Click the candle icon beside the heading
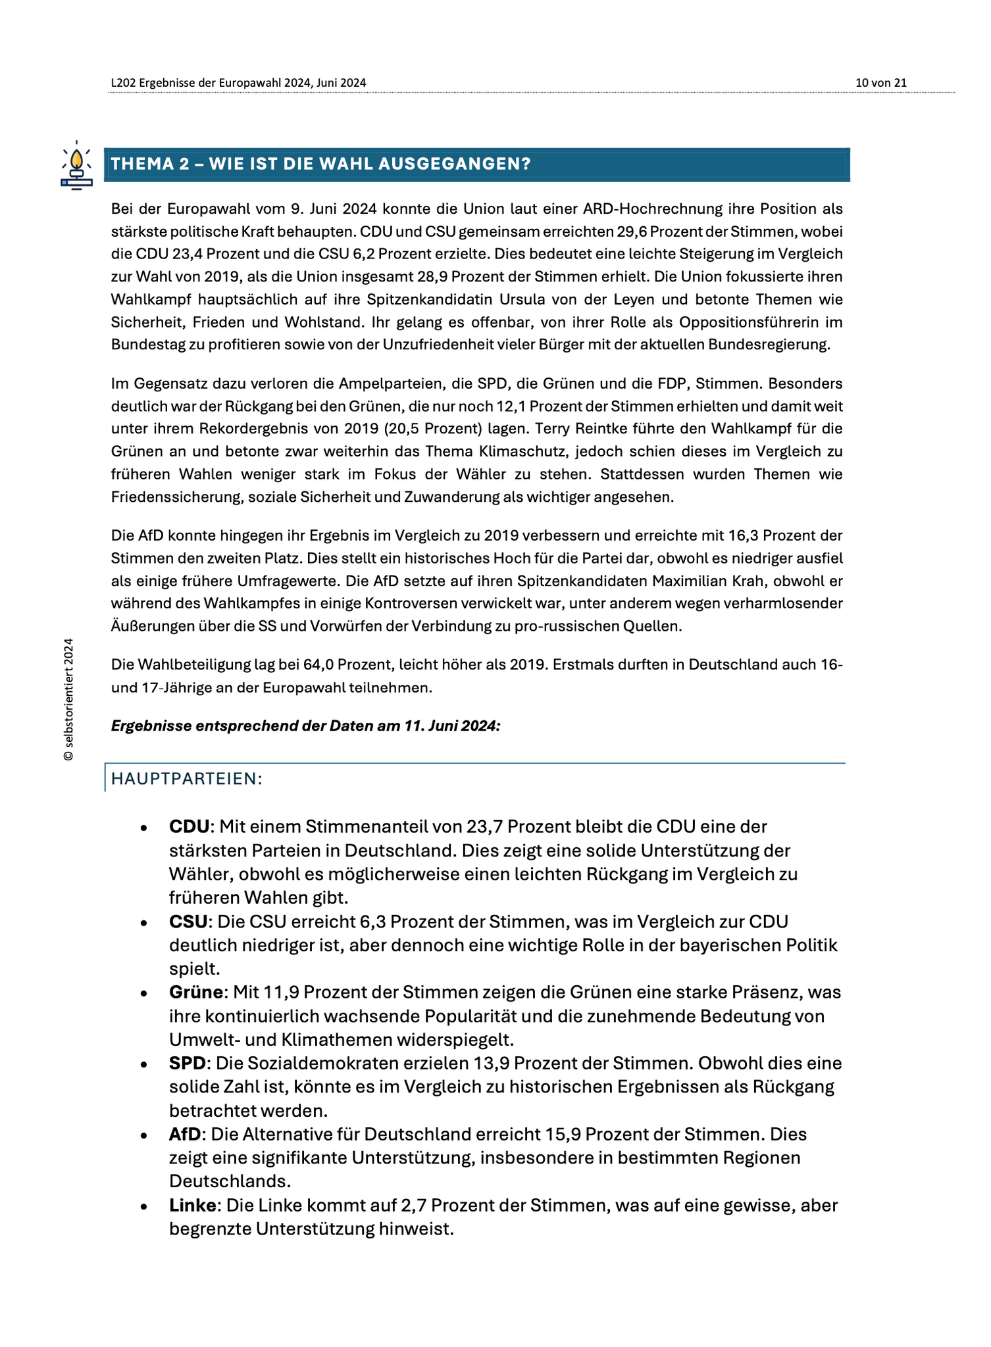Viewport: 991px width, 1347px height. coord(76,164)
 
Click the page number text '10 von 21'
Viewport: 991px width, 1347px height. coord(880,83)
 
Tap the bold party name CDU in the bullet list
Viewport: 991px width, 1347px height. coord(189,826)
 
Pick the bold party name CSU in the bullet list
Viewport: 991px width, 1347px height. coord(188,921)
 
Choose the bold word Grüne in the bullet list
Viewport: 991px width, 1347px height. coord(196,992)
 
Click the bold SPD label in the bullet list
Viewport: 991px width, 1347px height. coord(188,1064)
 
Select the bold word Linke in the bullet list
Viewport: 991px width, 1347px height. coord(193,1206)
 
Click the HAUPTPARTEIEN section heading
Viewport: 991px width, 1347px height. coord(187,779)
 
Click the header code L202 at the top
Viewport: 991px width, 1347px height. coord(123,83)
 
